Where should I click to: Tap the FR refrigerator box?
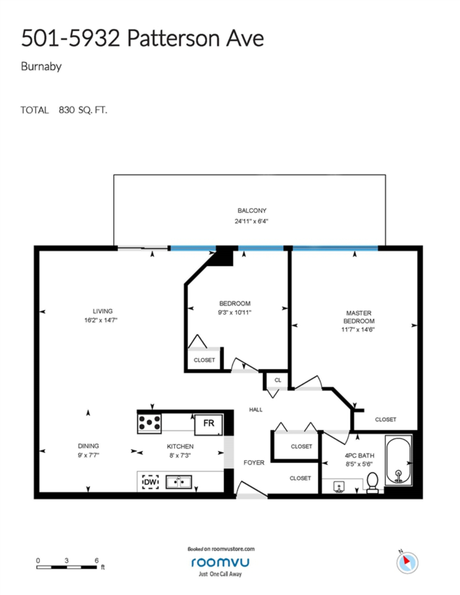pos(208,424)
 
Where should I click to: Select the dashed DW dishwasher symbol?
pos(150,482)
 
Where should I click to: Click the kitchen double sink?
pos(178,482)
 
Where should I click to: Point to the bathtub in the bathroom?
pos(398,460)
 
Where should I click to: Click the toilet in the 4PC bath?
pos(372,483)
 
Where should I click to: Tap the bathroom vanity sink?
pos(339,487)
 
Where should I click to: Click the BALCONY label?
pos(252,211)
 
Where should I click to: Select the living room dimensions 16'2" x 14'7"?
pos(101,320)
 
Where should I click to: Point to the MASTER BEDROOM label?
pos(359,317)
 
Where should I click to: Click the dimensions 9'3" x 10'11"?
pos(234,312)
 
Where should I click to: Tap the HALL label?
pos(256,410)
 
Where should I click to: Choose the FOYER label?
pos(254,463)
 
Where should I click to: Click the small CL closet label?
pos(278,380)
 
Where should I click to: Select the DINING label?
pos(88,446)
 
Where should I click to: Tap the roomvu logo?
pos(220,562)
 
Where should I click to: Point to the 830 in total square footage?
pos(67,110)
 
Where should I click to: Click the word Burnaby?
pos(41,67)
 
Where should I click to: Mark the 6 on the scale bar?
pos(97,560)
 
